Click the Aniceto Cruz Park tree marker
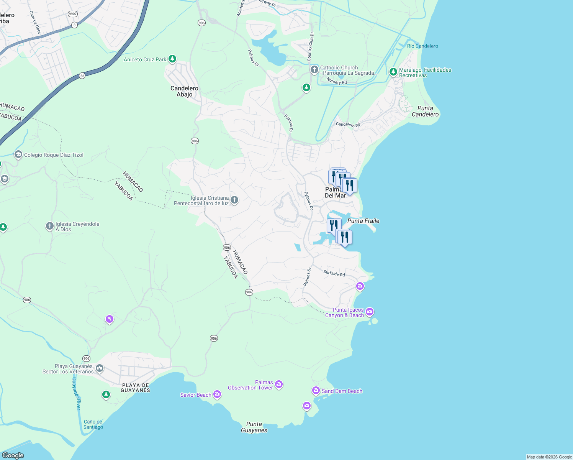pyautogui.click(x=172, y=59)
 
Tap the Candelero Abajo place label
pyautogui.click(x=184, y=91)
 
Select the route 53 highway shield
pyautogui.click(x=82, y=76)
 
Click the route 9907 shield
pyautogui.click(x=72, y=14)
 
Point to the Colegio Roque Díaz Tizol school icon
pyautogui.click(x=18, y=154)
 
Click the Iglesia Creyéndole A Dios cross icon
pyautogui.click(x=49, y=226)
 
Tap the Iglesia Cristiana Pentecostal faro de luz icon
pyautogui.click(x=234, y=200)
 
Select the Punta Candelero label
pyautogui.click(x=425, y=111)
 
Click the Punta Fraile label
pyautogui.click(x=363, y=221)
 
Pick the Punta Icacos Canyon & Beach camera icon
pyautogui.click(x=369, y=312)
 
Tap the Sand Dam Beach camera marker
pyautogui.click(x=316, y=391)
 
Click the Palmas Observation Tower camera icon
pyautogui.click(x=279, y=384)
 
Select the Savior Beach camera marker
pyautogui.click(x=217, y=394)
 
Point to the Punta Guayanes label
pyautogui.click(x=254, y=427)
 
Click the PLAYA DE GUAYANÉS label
pyautogui.click(x=135, y=388)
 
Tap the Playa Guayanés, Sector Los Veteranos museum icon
pyautogui.click(x=100, y=368)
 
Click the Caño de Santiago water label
pyautogui.click(x=93, y=424)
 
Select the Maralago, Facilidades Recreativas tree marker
pyautogui.click(x=393, y=72)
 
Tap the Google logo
pyautogui.click(x=13, y=455)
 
